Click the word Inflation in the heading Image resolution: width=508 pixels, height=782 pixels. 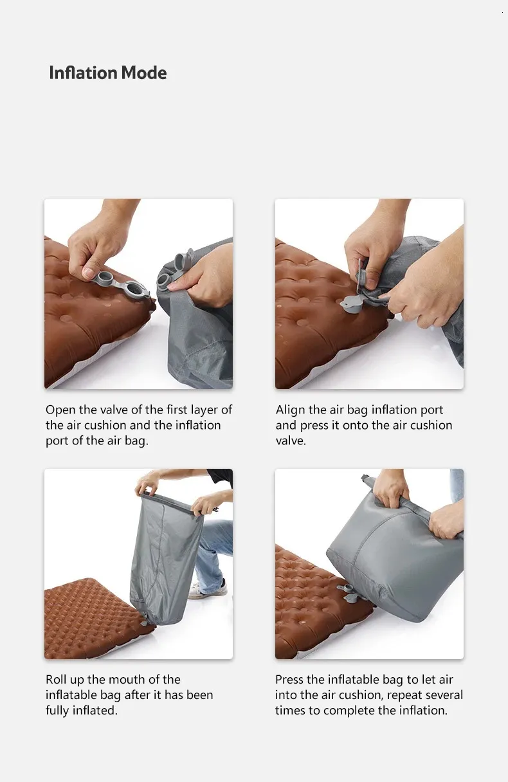pyautogui.click(x=84, y=73)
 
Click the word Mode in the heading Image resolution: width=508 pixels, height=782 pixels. pyautogui.click(x=144, y=73)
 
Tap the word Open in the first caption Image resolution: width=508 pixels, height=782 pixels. pyautogui.click(x=60, y=410)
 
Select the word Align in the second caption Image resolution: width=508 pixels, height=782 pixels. pyautogui.click(x=289, y=410)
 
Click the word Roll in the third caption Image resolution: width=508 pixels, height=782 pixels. pyautogui.click(x=56, y=680)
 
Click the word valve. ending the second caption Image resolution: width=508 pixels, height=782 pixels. pyautogui.click(x=291, y=441)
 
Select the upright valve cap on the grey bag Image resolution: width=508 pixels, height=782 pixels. pyautogui.click(x=184, y=260)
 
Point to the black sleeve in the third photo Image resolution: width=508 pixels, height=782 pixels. pyautogui.click(x=221, y=477)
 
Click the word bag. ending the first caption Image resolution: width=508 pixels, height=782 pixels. pyautogui.click(x=136, y=441)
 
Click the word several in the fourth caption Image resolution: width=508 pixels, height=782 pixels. pyautogui.click(x=445, y=695)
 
